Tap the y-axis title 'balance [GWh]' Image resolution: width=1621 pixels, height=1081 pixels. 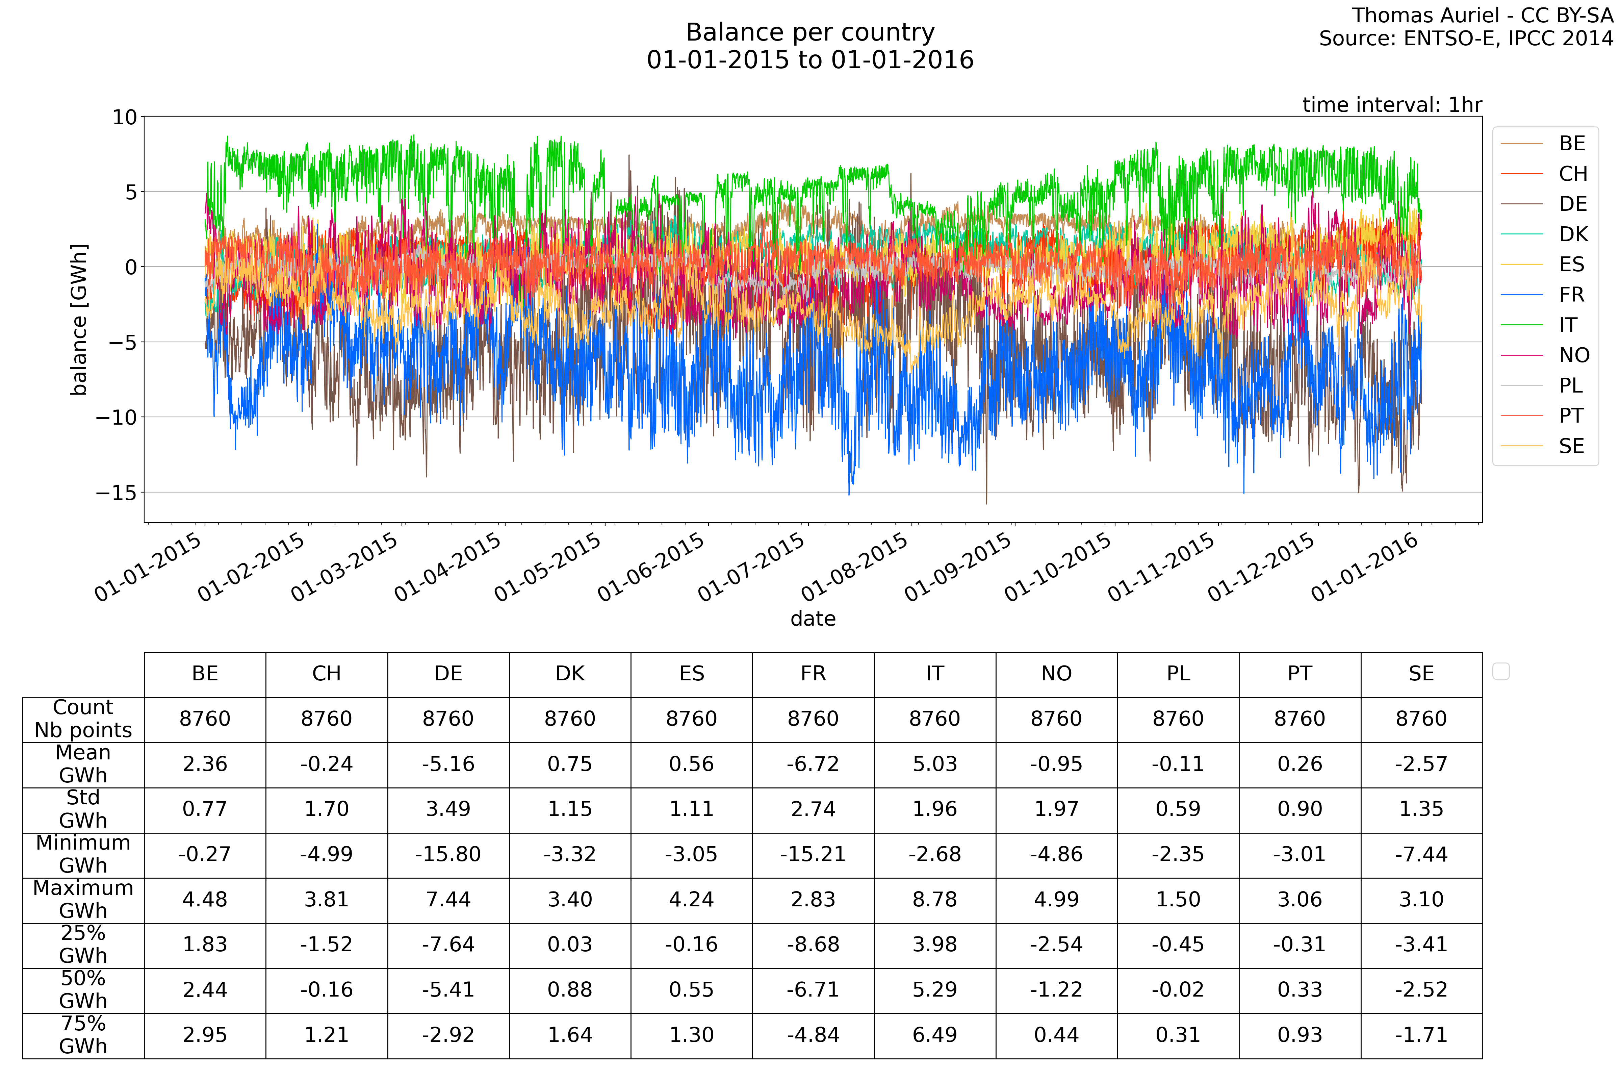79,319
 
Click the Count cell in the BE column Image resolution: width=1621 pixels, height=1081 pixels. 205,719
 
